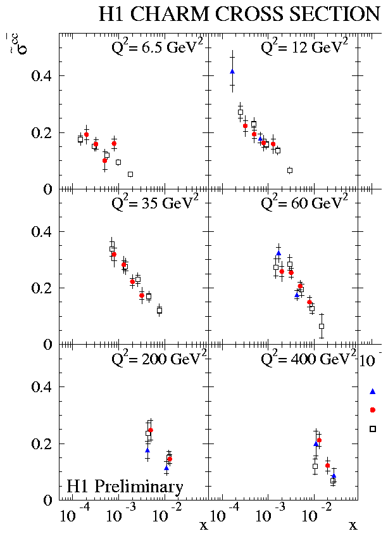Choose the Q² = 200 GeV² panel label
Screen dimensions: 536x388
coord(156,359)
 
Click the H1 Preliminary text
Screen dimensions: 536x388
coord(125,487)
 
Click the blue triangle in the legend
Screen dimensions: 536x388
coord(372,392)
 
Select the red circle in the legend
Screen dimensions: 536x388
coord(372,410)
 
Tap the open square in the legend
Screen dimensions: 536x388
coord(372,429)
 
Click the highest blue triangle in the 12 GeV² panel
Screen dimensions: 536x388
coord(232,72)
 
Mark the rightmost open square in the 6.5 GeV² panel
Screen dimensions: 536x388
coord(130,174)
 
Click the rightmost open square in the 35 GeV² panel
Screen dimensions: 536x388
coord(160,310)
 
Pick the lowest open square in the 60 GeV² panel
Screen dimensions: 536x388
coord(322,326)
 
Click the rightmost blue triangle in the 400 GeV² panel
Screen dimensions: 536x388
coord(334,476)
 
